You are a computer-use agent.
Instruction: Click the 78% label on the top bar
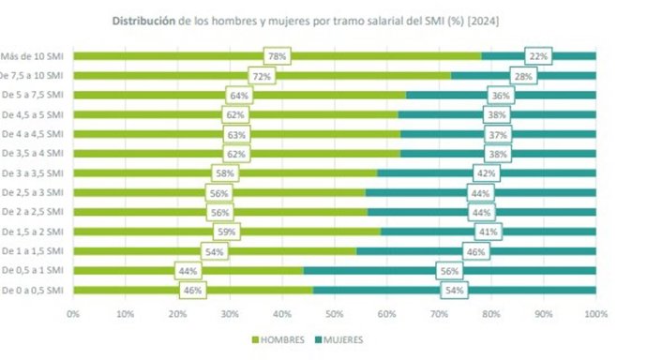277,56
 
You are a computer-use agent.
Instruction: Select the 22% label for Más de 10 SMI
538,56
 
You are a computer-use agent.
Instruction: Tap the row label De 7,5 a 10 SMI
34,75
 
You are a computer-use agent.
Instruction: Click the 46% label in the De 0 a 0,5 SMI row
194,291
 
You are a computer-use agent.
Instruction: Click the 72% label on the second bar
262,76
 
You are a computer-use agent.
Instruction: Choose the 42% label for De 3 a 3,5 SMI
486,173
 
